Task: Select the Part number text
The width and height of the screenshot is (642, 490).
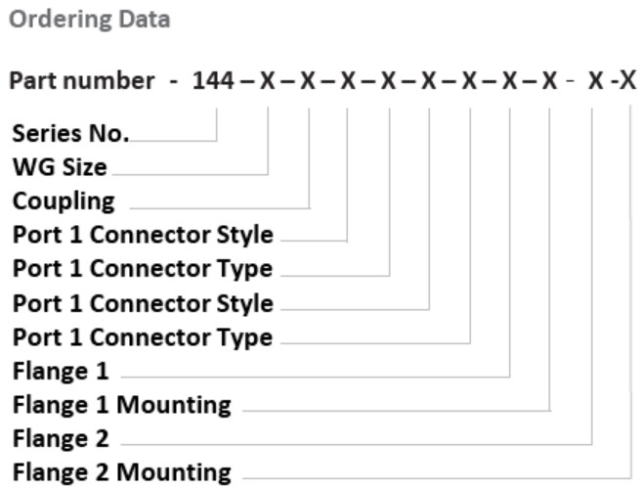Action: pyautogui.click(x=81, y=81)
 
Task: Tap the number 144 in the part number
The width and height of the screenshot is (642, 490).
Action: pyautogui.click(x=214, y=81)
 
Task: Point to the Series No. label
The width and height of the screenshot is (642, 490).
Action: pyautogui.click(x=69, y=134)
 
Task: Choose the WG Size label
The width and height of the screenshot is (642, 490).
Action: pyautogui.click(x=60, y=167)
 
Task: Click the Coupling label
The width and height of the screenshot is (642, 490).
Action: pyautogui.click(x=64, y=201)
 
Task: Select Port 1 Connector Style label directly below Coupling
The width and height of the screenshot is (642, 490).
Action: pyautogui.click(x=143, y=235)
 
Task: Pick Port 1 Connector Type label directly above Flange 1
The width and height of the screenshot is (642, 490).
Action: pyautogui.click(x=143, y=337)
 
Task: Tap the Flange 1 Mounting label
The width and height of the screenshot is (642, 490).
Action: pyautogui.click(x=121, y=404)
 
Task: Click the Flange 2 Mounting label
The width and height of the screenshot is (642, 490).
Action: pyautogui.click(x=121, y=472)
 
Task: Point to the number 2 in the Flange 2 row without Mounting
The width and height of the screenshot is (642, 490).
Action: pyautogui.click(x=102, y=438)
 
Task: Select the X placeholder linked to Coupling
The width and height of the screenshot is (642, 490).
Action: pyautogui.click(x=308, y=81)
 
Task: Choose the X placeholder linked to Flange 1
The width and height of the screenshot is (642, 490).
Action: pyautogui.click(x=510, y=81)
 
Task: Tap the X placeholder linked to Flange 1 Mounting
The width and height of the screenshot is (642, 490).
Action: pyautogui.click(x=550, y=81)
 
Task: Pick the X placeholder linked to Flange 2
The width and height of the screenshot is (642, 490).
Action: pyautogui.click(x=594, y=81)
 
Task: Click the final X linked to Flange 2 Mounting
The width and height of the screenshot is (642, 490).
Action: pyautogui.click(x=629, y=81)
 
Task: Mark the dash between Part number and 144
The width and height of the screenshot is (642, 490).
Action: pyautogui.click(x=173, y=82)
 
